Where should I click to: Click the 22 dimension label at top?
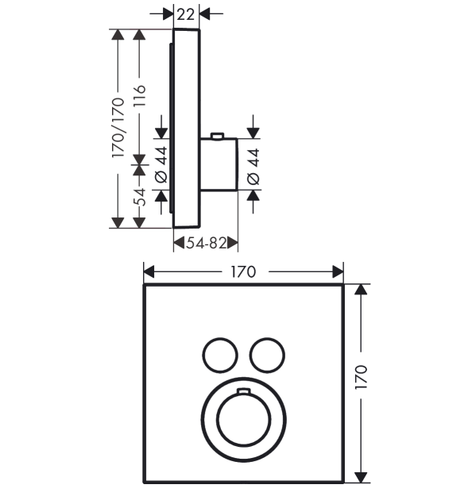[186, 14]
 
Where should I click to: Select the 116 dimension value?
[140, 96]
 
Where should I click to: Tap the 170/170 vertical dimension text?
[118, 128]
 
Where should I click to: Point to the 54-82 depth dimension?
[207, 243]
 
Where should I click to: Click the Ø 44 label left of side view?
[161, 164]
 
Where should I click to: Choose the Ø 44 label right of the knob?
[253, 167]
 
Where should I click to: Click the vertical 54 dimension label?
[140, 197]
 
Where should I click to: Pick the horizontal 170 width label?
[243, 272]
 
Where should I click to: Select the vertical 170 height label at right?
[362, 377]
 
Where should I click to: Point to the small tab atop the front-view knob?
[243, 390]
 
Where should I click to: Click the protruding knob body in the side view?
[219, 164]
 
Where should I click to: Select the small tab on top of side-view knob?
[218, 137]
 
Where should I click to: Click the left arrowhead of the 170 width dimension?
[149, 272]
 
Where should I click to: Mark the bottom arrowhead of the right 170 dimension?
[361, 477]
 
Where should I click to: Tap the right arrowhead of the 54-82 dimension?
[233, 243]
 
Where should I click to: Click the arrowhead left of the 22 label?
[168, 14]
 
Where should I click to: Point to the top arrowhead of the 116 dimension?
[139, 35]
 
